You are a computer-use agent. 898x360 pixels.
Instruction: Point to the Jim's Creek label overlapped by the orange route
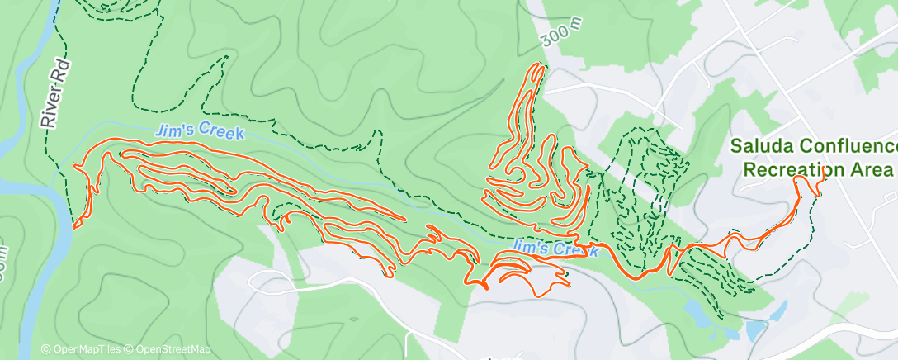pos(553,248)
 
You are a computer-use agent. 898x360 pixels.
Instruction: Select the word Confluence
pos(853,147)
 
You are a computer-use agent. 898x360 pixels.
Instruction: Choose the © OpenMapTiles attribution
pos(81,349)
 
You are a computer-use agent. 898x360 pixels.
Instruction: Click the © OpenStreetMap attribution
pos(167,349)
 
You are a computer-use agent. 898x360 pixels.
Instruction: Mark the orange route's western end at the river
pos(76,225)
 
